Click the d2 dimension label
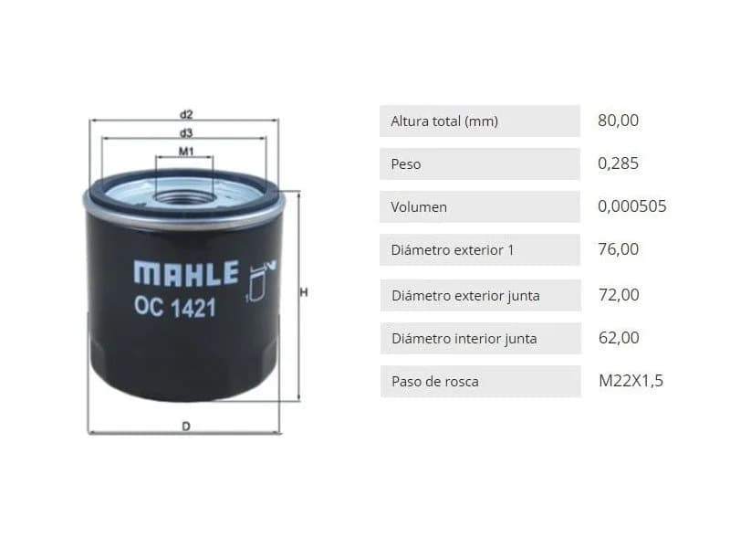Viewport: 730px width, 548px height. tap(186, 114)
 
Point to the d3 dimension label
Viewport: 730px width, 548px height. tap(186, 133)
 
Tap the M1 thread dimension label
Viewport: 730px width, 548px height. tap(186, 152)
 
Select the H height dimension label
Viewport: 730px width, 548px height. tap(304, 292)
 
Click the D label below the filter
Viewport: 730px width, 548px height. tap(186, 427)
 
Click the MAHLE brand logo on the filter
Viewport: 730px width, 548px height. tap(186, 273)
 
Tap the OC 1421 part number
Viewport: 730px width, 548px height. tap(175, 308)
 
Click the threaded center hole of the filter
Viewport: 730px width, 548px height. tap(184, 197)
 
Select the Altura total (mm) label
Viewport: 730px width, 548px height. tap(444, 121)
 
